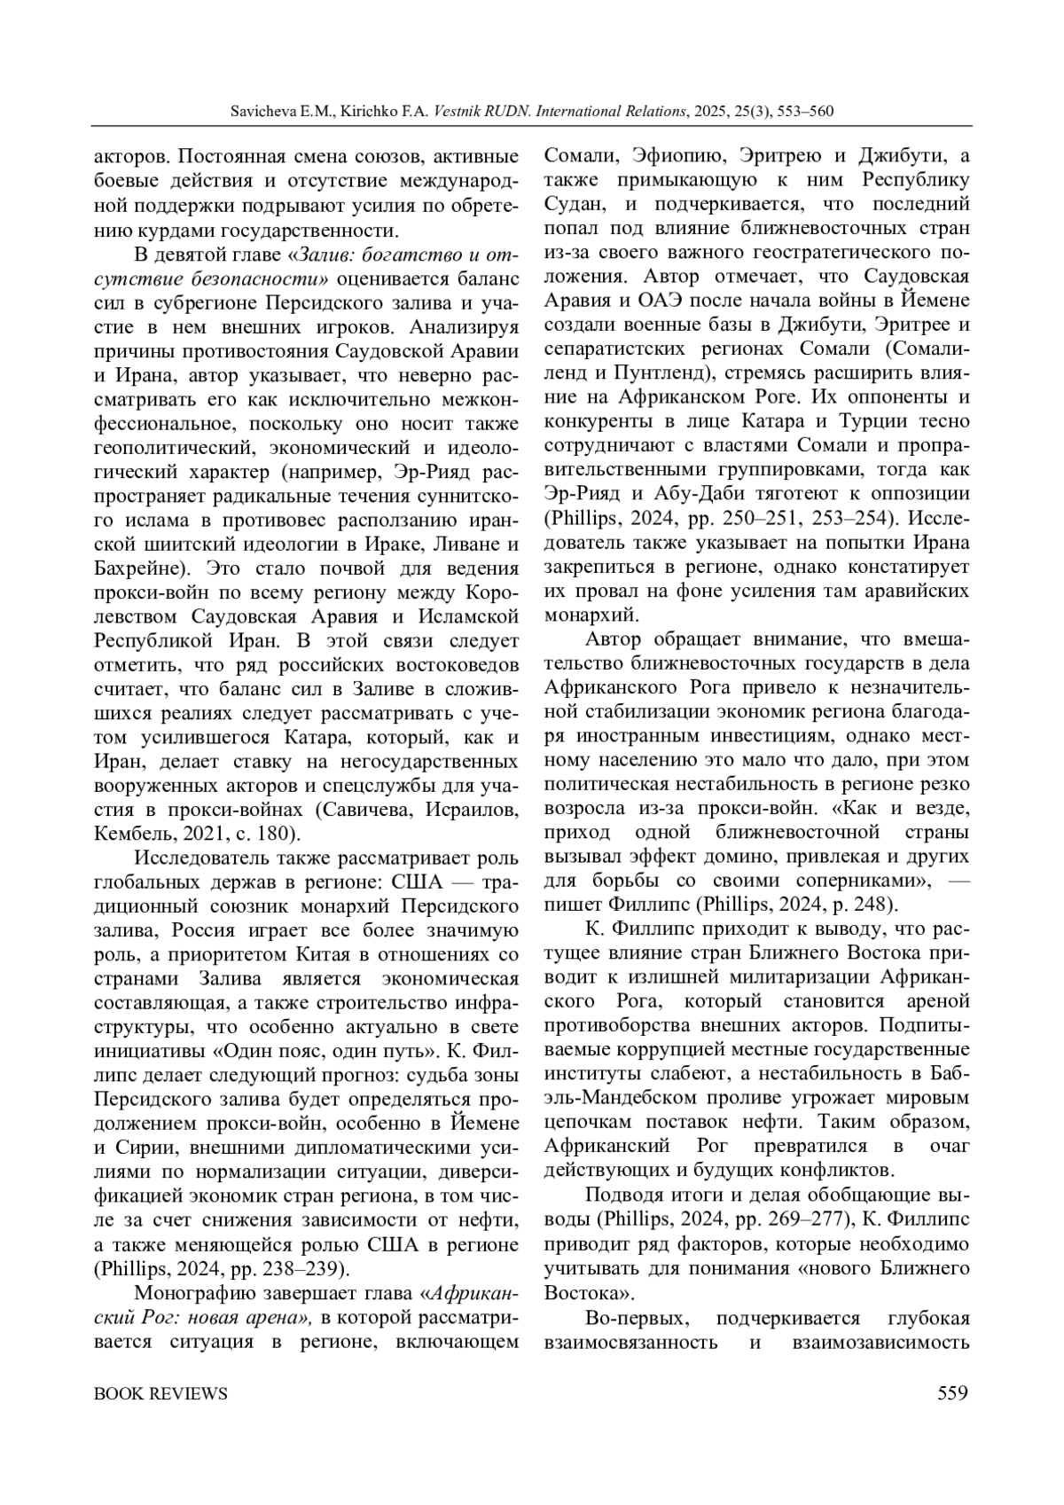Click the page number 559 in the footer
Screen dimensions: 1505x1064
(x=952, y=1393)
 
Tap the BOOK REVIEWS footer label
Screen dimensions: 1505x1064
(x=160, y=1393)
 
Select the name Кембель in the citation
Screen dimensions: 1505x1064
(x=129, y=834)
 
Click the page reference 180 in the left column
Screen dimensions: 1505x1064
(x=281, y=834)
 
